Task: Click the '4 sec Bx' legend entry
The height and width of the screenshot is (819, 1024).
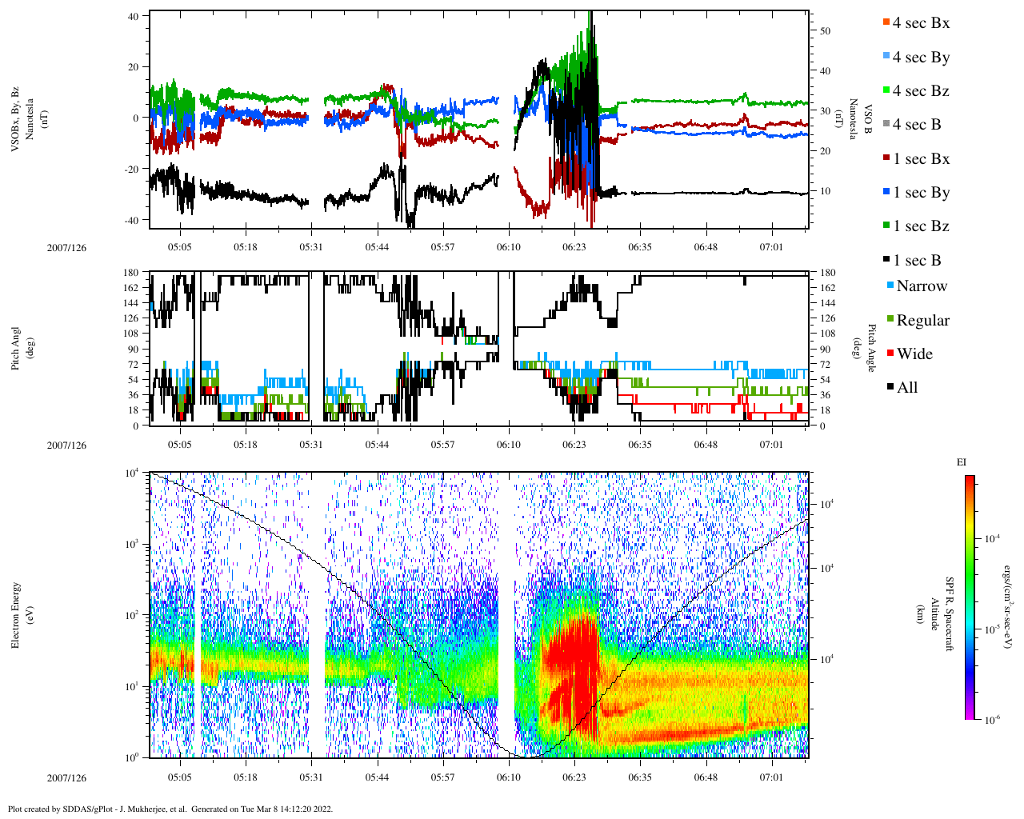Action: [x=921, y=23]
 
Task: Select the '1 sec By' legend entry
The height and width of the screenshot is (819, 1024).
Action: [x=921, y=193]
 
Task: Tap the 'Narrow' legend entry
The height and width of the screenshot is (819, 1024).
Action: [x=921, y=286]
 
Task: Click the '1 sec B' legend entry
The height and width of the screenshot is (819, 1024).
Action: [x=917, y=261]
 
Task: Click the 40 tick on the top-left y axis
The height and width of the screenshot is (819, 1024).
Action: [x=133, y=16]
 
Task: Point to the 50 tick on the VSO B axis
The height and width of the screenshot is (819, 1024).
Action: [x=825, y=31]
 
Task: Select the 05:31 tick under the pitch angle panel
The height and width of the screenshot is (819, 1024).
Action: [x=311, y=445]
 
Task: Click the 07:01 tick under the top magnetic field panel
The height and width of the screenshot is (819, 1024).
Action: [x=771, y=247]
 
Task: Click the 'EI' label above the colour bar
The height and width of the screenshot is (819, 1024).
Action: [x=961, y=462]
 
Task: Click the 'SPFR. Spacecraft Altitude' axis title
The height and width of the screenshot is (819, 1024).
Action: [x=942, y=614]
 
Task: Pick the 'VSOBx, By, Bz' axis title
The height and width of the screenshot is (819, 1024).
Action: [x=16, y=120]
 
